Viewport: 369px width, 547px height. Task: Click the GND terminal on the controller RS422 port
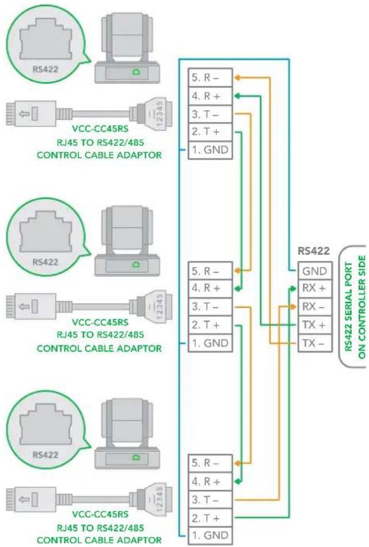(314, 271)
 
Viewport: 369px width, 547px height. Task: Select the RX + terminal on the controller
(314, 288)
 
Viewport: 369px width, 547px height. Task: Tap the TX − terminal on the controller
(314, 343)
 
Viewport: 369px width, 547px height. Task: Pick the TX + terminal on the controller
(314, 325)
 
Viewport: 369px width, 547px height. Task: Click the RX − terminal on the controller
(314, 307)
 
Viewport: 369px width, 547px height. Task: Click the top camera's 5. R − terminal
(210, 78)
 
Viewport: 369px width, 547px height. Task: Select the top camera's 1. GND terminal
(210, 150)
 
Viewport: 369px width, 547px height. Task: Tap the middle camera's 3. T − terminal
(210, 307)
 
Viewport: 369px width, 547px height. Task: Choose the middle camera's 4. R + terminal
(210, 288)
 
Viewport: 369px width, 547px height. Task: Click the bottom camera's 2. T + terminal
(210, 518)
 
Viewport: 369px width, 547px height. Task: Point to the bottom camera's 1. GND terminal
(210, 535)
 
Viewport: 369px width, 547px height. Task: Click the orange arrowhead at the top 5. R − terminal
(237, 78)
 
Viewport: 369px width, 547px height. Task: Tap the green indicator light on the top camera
(135, 72)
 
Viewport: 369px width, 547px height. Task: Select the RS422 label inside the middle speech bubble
(45, 262)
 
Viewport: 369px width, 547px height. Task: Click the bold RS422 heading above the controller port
(314, 251)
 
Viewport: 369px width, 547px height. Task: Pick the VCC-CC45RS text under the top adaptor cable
(100, 129)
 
